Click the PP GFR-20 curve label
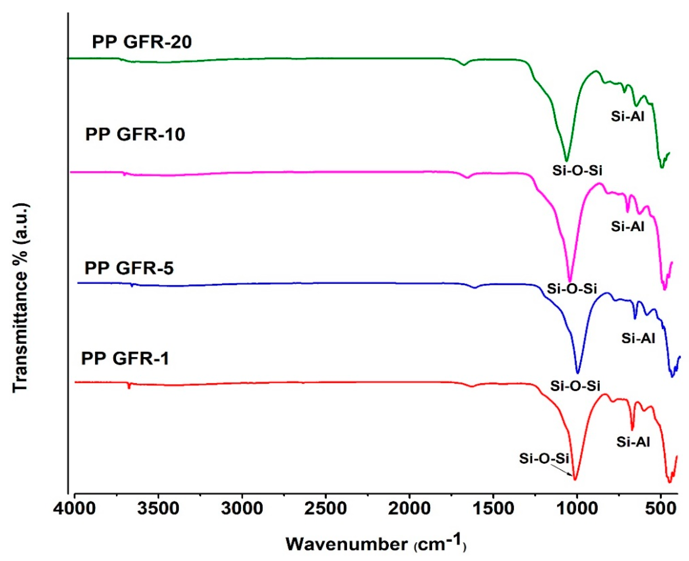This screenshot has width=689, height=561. tap(142, 42)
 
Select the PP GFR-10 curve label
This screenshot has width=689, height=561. tap(135, 134)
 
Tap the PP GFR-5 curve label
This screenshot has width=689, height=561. tap(129, 268)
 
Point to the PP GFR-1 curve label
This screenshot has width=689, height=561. tap(125, 359)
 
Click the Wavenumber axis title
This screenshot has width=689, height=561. tap(375, 544)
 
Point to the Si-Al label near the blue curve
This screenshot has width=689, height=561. tap(638, 338)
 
